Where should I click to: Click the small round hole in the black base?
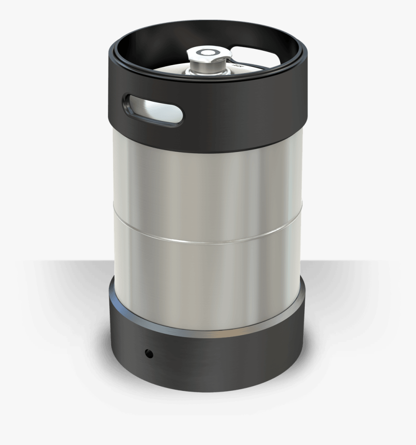point(149,354)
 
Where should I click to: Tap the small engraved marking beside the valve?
point(237,63)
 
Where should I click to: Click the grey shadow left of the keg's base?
point(63,314)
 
